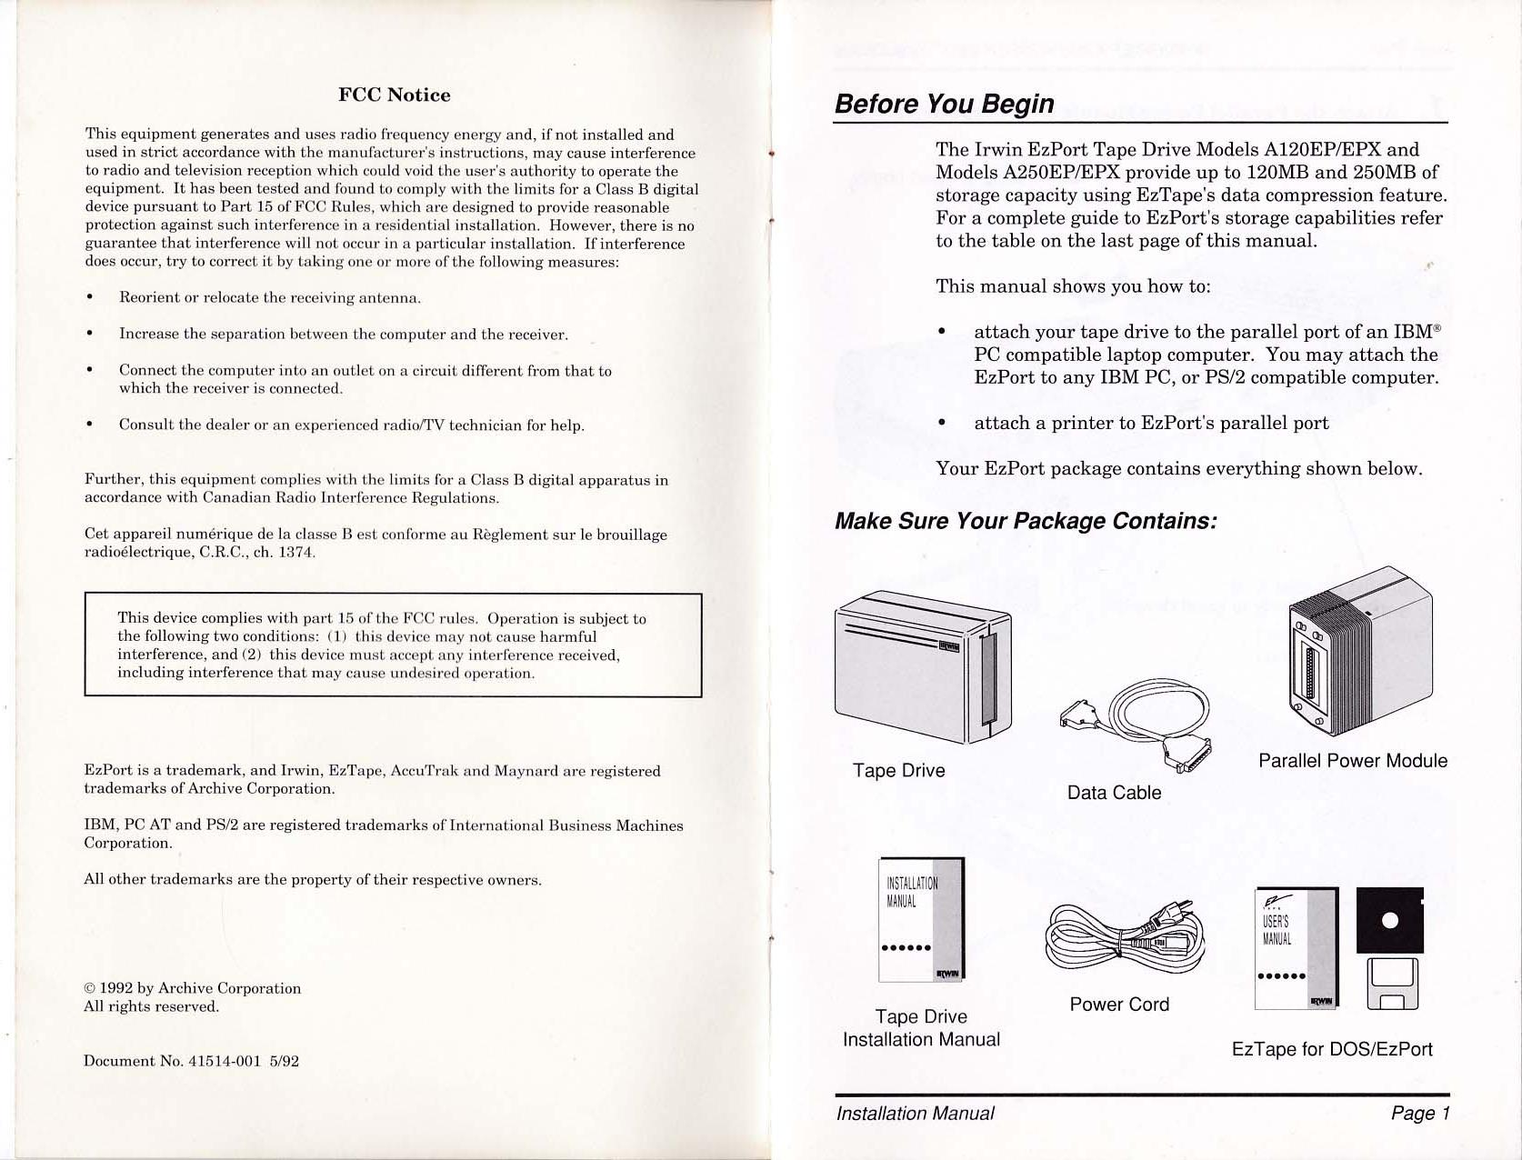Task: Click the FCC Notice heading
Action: coord(394,95)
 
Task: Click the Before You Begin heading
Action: coord(944,104)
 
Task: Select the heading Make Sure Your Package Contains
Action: coord(1025,521)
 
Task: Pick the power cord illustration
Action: coord(1126,936)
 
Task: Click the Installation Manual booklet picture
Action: coord(920,919)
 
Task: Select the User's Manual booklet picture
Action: coord(1296,948)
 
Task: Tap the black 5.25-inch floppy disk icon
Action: coord(1389,920)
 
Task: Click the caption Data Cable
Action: coord(1114,793)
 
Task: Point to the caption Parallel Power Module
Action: coord(1352,761)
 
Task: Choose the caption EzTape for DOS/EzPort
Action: coord(1331,1049)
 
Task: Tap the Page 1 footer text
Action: coord(1419,1114)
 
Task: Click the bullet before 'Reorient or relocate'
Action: coord(89,297)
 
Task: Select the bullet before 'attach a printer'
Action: coord(942,423)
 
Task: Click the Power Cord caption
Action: coord(1118,1005)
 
